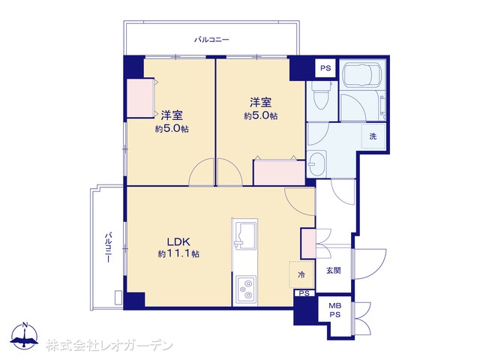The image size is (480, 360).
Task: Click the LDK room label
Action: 178,241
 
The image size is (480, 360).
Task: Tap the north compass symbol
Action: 24,336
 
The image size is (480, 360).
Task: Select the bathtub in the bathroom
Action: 362,75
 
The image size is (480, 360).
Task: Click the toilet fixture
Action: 321,95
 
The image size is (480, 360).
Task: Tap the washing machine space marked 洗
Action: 373,136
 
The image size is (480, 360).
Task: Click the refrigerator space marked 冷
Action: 301,274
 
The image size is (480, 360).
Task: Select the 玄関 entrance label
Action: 333,271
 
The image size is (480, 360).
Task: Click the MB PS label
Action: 335,310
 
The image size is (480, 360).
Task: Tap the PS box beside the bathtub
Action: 325,68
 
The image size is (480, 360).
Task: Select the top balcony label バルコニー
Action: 211,40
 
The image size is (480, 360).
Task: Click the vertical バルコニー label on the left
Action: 108,248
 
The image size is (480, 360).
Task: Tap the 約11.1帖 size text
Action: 178,253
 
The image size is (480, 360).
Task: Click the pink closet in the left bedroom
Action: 140,98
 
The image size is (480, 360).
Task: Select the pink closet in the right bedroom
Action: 280,172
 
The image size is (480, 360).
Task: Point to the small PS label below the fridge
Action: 304,293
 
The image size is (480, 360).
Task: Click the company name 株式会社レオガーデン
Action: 109,346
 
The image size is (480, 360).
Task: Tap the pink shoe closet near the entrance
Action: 308,244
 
